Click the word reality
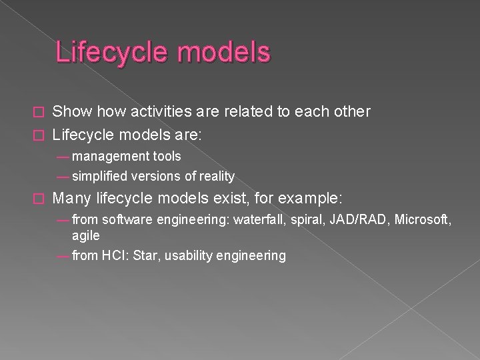(x=215, y=176)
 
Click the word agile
(x=86, y=235)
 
